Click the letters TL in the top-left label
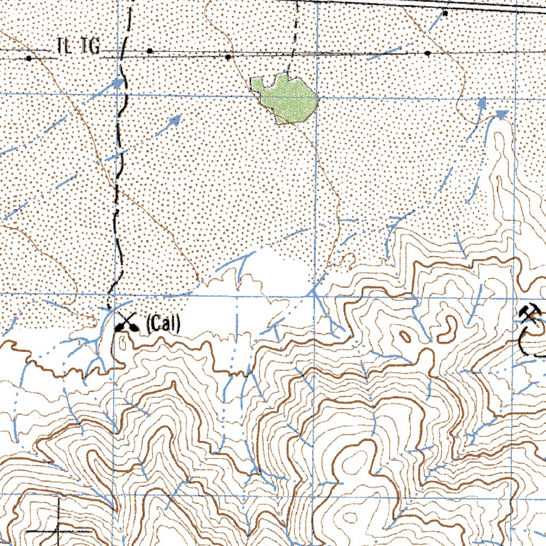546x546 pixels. coord(64,47)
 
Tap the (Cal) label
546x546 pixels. coord(163,324)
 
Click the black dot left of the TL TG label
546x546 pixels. coord(29,57)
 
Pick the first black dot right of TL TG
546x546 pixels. coord(150,51)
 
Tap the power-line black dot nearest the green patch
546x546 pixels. coord(228,56)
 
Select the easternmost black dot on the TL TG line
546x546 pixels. coord(428,53)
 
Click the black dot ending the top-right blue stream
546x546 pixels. coord(445,12)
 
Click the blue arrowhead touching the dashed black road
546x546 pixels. coord(118,83)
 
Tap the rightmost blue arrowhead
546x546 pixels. coord(502,114)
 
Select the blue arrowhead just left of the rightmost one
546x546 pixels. coord(482,103)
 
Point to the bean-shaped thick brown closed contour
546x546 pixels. coord(448,330)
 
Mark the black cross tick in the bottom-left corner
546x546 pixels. coord(57,531)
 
